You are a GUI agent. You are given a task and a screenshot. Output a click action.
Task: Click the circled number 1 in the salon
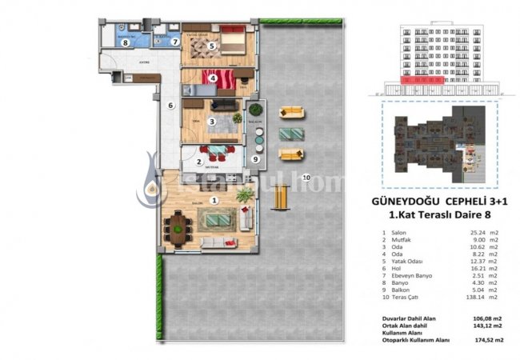[214, 201]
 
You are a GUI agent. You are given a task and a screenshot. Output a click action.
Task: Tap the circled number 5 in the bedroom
[211, 46]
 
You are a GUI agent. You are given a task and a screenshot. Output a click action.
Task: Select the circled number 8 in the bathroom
[126, 43]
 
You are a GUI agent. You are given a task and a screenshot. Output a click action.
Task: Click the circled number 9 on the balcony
[254, 158]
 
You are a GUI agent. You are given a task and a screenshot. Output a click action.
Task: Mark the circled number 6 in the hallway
[170, 105]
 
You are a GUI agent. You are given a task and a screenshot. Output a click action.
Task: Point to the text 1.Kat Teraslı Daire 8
[437, 215]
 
